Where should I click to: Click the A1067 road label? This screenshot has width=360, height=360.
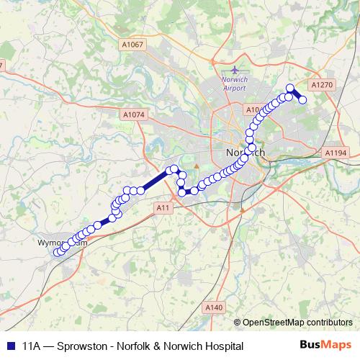pyautogui.click(x=133, y=45)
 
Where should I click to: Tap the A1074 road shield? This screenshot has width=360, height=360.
pyautogui.click(x=134, y=114)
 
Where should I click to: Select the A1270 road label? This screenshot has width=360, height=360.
pyautogui.click(x=325, y=85)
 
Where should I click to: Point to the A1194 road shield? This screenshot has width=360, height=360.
pyautogui.click(x=336, y=153)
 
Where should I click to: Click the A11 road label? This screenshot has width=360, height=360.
pyautogui.click(x=163, y=207)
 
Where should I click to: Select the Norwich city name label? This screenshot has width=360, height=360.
pyautogui.click(x=245, y=153)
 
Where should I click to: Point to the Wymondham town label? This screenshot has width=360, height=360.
pyautogui.click(x=62, y=243)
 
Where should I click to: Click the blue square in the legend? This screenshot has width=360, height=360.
pyautogui.click(x=9, y=346)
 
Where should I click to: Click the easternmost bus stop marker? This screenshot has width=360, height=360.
pyautogui.click(x=303, y=99)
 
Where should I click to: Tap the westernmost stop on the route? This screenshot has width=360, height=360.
pyautogui.click(x=57, y=252)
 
